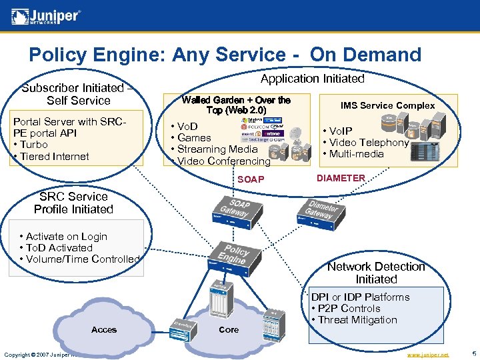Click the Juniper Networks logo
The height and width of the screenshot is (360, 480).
coord(46,16)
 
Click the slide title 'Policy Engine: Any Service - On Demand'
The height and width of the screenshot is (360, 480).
coord(225,54)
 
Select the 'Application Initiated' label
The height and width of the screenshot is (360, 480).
coord(312,79)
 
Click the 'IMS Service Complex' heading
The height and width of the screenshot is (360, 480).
coord(387,105)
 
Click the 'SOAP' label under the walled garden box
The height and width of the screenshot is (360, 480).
coord(251,180)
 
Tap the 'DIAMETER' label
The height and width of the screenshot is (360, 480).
coord(341,178)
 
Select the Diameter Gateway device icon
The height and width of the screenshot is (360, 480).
coord(319,213)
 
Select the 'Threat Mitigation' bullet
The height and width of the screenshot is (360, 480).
coord(357,319)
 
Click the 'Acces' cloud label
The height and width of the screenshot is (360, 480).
coord(104,330)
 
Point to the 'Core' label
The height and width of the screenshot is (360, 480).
coord(229,330)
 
